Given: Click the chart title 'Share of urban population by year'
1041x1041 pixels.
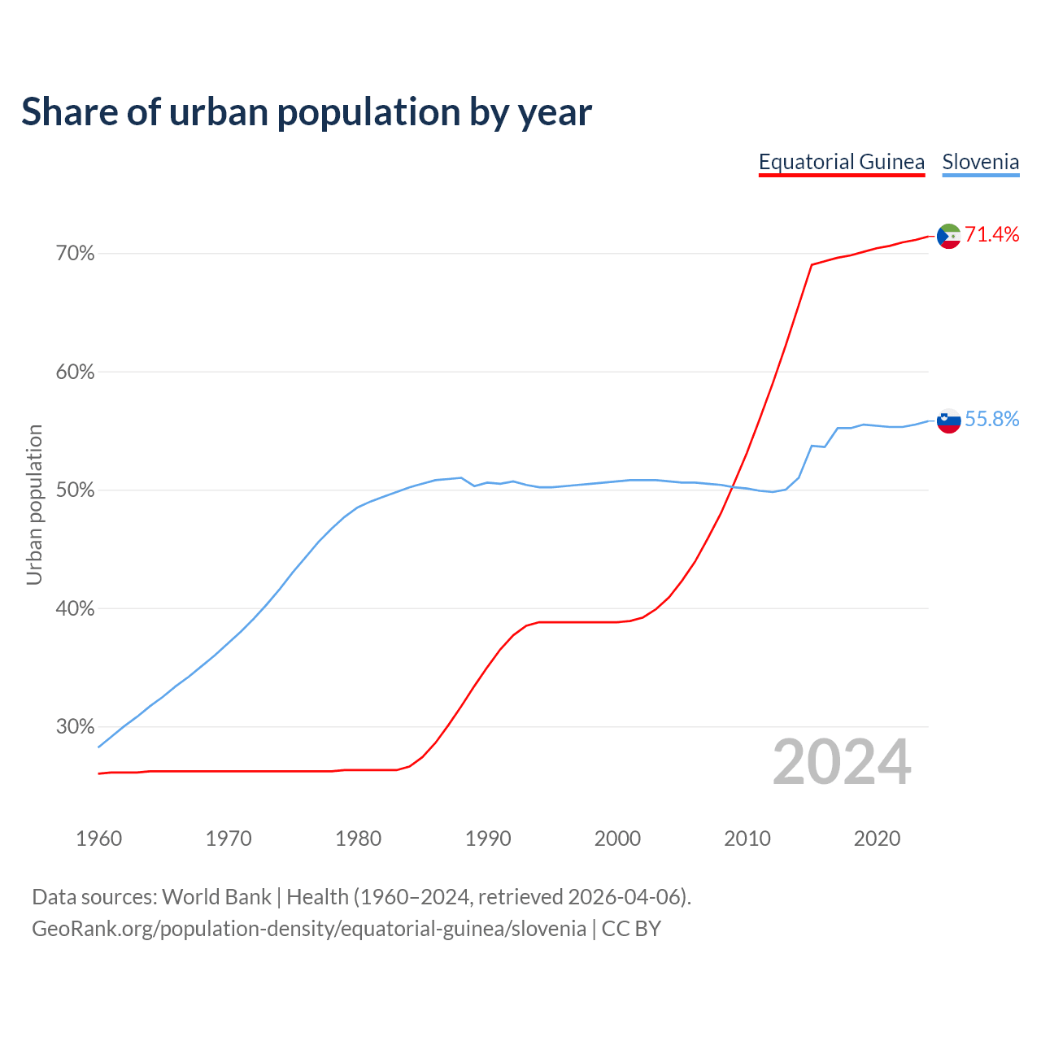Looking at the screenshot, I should pyautogui.click(x=307, y=112).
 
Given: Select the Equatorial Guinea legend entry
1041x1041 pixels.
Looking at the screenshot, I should pyautogui.click(x=842, y=162).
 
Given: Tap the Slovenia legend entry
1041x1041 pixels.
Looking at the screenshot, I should pyautogui.click(x=980, y=162).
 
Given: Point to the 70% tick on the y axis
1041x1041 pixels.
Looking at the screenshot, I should pyautogui.click(x=75, y=254).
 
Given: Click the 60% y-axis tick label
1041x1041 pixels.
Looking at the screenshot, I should pyautogui.click(x=75, y=372).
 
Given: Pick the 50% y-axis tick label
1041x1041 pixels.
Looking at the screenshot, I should pyautogui.click(x=75, y=490).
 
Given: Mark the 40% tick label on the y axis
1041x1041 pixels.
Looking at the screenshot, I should pyautogui.click(x=75, y=608).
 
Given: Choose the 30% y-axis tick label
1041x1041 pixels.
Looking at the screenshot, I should pyautogui.click(x=75, y=727).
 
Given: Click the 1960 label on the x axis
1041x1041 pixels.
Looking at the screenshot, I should pyautogui.click(x=98, y=838).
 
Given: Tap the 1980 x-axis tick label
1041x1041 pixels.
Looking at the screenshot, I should pyautogui.click(x=358, y=838).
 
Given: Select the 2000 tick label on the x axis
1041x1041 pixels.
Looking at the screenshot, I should pyautogui.click(x=617, y=838).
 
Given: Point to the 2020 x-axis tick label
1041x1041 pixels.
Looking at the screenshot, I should pyautogui.click(x=877, y=838).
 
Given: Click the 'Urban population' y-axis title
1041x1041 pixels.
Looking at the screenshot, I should pyautogui.click(x=34, y=504).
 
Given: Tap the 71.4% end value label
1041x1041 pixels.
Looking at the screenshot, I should pyautogui.click(x=991, y=235).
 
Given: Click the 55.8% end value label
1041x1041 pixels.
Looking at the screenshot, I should pyautogui.click(x=991, y=419).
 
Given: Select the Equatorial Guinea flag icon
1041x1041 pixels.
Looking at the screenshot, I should pyautogui.click(x=949, y=236).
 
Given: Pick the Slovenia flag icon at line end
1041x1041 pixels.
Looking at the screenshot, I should pyautogui.click(x=949, y=420).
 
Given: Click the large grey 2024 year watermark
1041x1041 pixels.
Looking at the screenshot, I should pyautogui.click(x=842, y=762).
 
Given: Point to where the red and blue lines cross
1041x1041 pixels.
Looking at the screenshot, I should pyautogui.click(x=733, y=486).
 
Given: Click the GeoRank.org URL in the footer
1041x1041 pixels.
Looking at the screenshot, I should pyautogui.click(x=309, y=929).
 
